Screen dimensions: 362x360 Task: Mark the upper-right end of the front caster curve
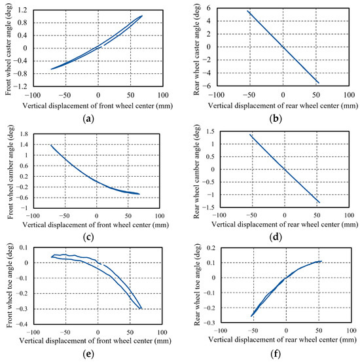(x=141, y=16)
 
